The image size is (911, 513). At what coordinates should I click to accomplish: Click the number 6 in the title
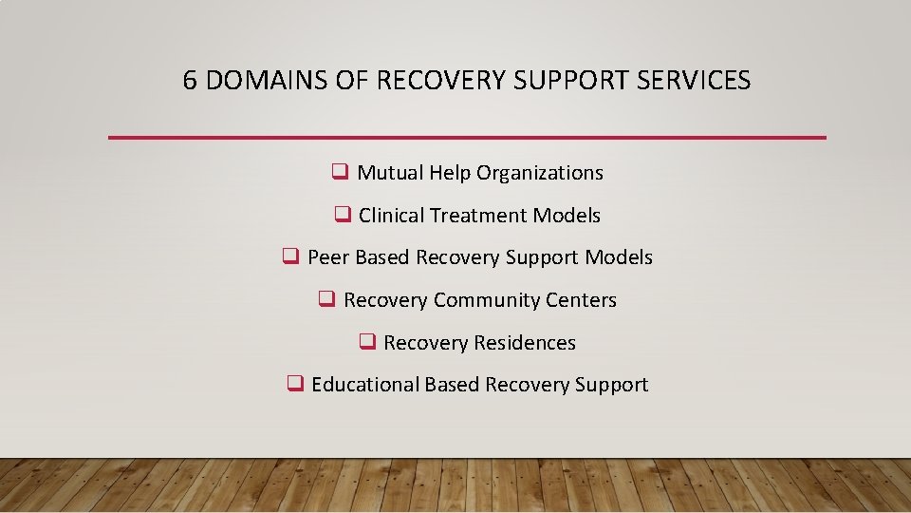coord(190,81)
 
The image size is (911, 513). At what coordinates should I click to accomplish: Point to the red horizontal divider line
coord(467,138)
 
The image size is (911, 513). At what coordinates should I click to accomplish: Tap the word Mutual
coord(389,173)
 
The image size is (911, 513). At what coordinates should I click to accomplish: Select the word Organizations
coord(540,173)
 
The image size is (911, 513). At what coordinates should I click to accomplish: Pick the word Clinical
coord(391,216)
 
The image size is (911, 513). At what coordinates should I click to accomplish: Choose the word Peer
coord(327,257)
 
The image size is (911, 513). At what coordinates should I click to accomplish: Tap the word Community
coord(487,300)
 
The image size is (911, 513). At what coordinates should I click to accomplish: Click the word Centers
coord(582,300)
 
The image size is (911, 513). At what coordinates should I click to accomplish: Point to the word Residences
coord(529,343)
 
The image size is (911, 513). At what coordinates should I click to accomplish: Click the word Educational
coord(364,385)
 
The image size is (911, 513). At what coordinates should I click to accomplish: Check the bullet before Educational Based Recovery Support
coord(294,384)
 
